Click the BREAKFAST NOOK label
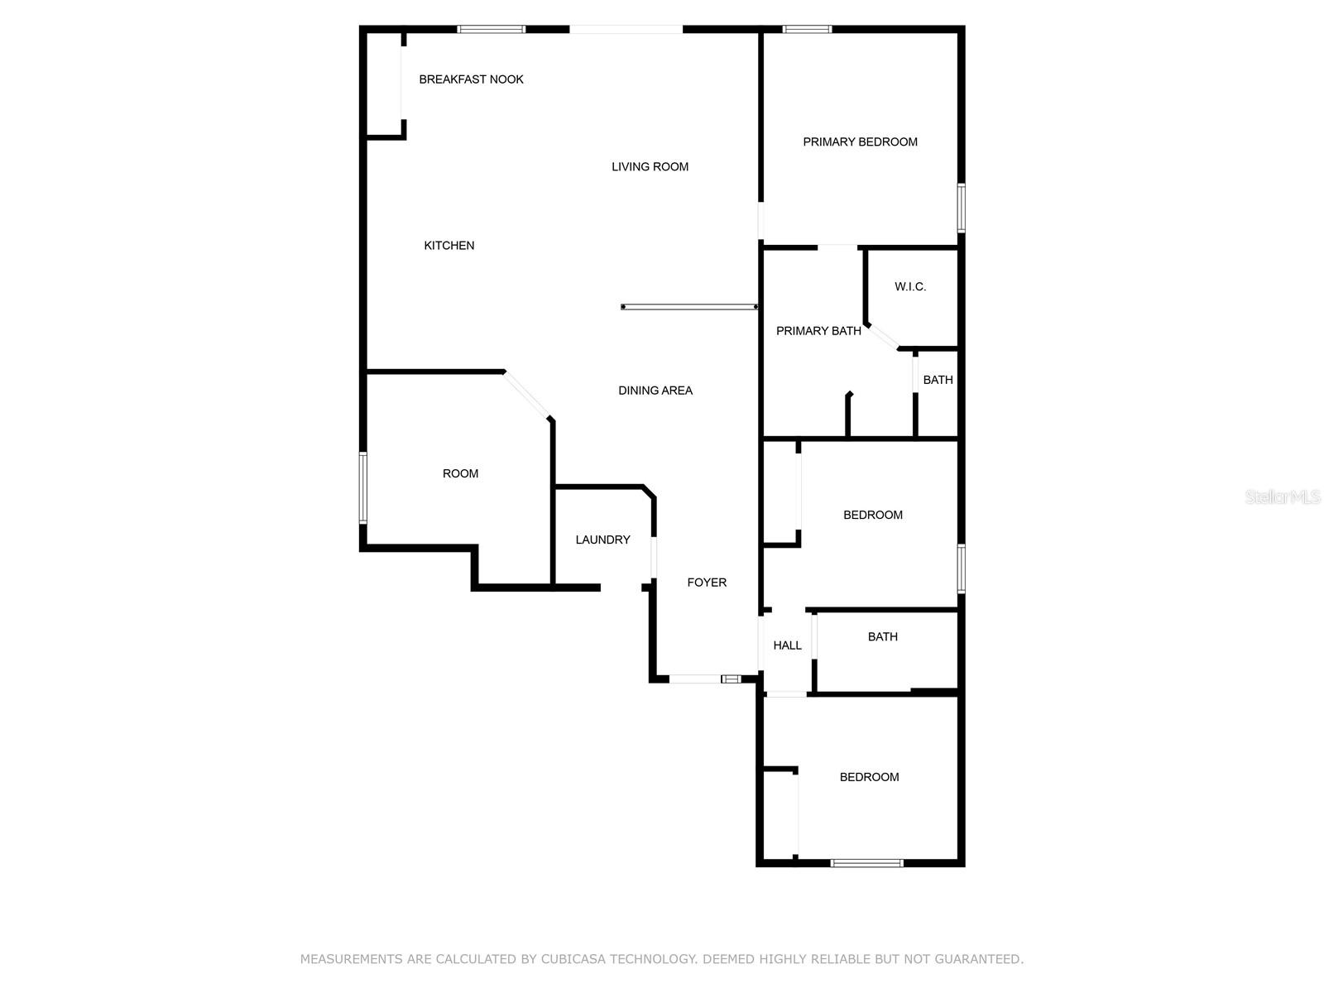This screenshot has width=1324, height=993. pyautogui.click(x=471, y=79)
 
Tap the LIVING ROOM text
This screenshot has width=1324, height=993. pyautogui.click(x=650, y=166)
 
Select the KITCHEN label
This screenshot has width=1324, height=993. pyautogui.click(x=449, y=245)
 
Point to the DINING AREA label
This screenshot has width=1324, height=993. pyautogui.click(x=655, y=391)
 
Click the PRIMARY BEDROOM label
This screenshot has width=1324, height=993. pyautogui.click(x=860, y=142)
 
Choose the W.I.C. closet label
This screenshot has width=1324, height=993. pyautogui.click(x=910, y=286)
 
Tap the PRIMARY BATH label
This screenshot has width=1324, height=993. pyautogui.click(x=818, y=331)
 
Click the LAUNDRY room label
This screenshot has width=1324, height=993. pyautogui.click(x=602, y=540)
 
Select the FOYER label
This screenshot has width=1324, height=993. pyautogui.click(x=707, y=583)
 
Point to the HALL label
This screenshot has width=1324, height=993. pyautogui.click(x=787, y=645)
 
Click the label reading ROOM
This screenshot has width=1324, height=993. pyautogui.click(x=460, y=473)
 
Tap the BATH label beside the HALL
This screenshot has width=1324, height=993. pyautogui.click(x=882, y=636)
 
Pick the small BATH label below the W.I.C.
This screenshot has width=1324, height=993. pyautogui.click(x=938, y=380)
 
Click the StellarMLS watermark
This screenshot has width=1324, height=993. pyautogui.click(x=1283, y=496)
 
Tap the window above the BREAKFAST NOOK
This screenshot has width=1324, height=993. pyautogui.click(x=492, y=30)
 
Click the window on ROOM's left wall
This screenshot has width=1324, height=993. pyautogui.click(x=362, y=487)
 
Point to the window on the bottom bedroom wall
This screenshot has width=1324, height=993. pyautogui.click(x=866, y=863)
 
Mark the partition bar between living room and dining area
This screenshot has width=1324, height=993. pyautogui.click(x=689, y=307)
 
